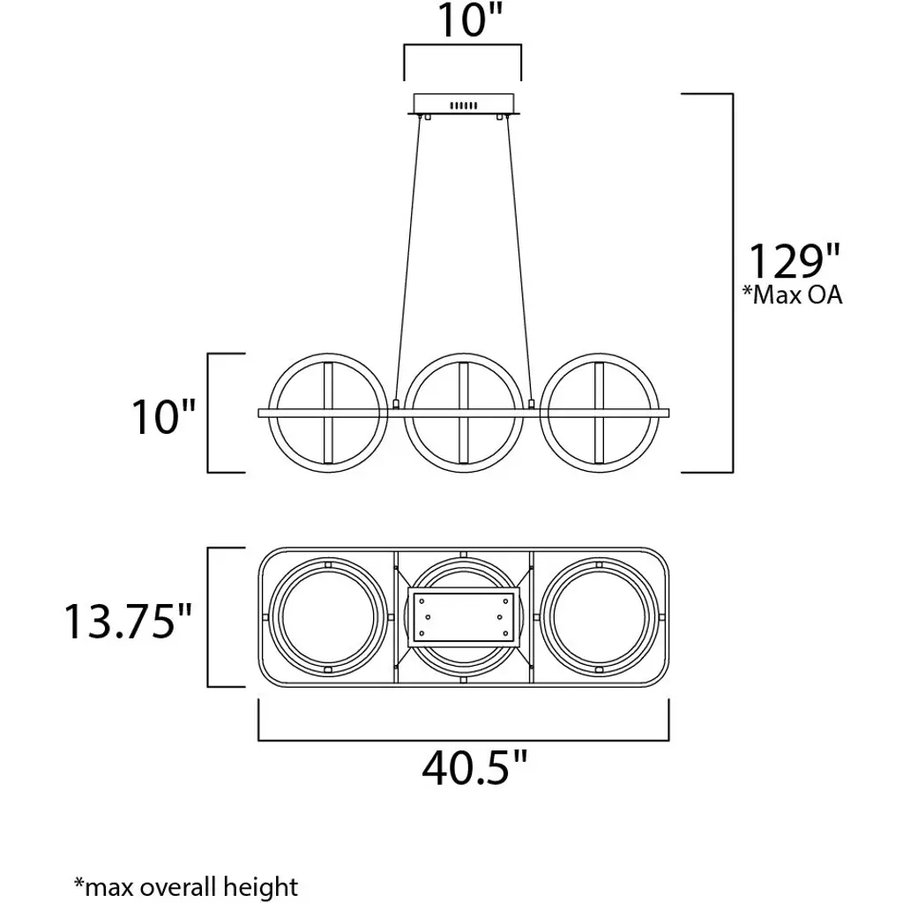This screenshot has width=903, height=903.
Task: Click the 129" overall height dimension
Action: (793, 261)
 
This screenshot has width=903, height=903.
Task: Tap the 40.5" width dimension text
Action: (474, 768)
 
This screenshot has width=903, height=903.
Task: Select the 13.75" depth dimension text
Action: (127, 622)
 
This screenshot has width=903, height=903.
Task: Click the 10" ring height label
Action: (163, 416)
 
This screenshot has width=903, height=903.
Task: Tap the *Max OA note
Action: (793, 295)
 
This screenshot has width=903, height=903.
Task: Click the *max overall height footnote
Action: (186, 886)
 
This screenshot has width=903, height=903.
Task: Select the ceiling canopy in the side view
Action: (464, 106)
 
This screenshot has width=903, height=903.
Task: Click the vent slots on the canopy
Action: (464, 106)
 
